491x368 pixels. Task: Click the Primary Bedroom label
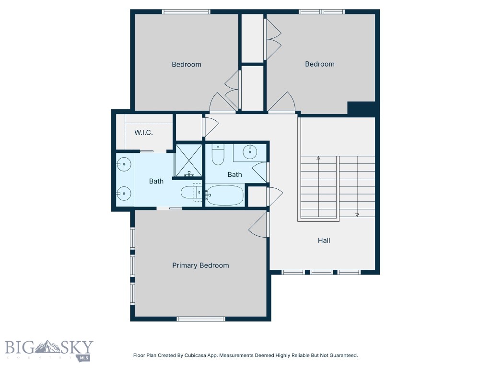click(x=200, y=265)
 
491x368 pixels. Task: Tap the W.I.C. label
click(x=143, y=132)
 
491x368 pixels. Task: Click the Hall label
click(x=324, y=241)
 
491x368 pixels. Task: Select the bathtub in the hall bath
click(x=225, y=195)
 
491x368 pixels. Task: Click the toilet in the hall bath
click(x=218, y=154)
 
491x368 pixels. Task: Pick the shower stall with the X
click(x=188, y=160)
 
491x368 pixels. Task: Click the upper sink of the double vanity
click(x=124, y=164)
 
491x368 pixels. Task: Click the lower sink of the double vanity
click(x=124, y=194)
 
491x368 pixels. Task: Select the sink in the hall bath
click(x=250, y=152)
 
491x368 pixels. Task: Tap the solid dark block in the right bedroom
click(x=362, y=109)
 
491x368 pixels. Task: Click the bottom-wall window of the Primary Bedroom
click(x=201, y=319)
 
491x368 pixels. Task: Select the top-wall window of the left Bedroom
click(x=186, y=11)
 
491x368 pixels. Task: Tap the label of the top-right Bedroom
click(x=320, y=64)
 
